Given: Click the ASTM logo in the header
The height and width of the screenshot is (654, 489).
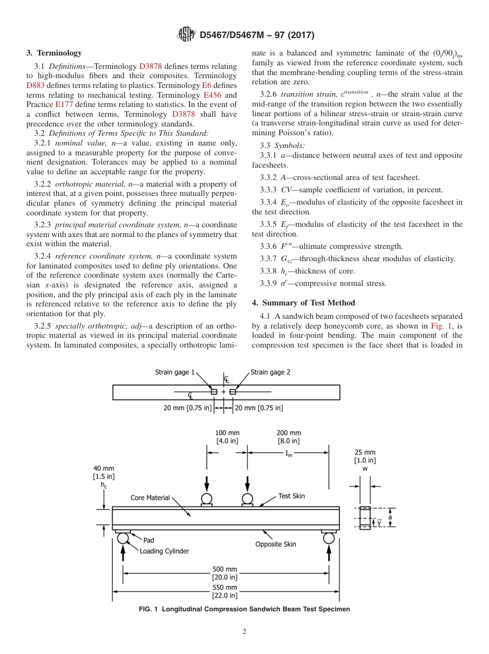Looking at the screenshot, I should (x=186, y=35).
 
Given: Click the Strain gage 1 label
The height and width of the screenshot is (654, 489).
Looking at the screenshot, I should (x=175, y=372).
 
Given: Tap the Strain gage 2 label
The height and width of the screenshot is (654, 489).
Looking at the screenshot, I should (x=270, y=372).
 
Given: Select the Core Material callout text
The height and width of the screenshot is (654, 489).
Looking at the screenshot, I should (x=150, y=498).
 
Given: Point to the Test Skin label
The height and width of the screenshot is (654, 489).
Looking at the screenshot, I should (x=291, y=496).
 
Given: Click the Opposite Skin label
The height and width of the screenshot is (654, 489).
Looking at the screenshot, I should (x=276, y=544).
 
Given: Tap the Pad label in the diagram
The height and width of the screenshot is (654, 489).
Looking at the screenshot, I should (x=148, y=540).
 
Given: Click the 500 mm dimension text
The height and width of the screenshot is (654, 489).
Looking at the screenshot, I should (x=225, y=569).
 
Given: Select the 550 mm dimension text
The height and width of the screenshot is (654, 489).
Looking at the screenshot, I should (x=225, y=587).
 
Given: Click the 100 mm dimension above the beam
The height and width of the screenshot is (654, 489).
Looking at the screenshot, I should (x=227, y=433).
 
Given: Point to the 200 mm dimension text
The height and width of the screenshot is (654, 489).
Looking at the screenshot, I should (x=289, y=433).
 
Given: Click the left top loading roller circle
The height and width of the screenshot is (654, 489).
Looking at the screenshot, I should (x=206, y=498).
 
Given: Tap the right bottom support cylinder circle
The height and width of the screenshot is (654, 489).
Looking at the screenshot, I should (x=329, y=538).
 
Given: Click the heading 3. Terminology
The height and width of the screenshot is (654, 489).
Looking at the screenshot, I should (x=54, y=53).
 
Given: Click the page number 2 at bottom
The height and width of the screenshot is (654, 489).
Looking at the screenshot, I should (x=244, y=632).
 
